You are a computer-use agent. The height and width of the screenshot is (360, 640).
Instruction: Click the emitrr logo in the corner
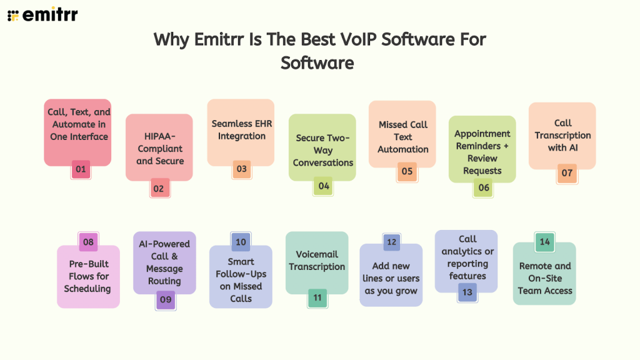(x=42, y=15)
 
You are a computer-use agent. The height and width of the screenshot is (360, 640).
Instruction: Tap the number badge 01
(x=81, y=169)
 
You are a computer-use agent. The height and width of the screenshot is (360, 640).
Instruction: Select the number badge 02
(x=160, y=188)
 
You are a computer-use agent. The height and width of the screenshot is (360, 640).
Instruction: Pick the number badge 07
(x=567, y=173)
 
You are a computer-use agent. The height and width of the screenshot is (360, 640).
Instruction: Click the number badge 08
(x=88, y=242)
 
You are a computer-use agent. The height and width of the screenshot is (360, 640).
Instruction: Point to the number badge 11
(x=317, y=297)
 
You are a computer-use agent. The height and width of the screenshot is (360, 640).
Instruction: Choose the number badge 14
(x=545, y=242)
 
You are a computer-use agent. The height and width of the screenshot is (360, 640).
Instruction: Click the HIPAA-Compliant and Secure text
(x=160, y=149)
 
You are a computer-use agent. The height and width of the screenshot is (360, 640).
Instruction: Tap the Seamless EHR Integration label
(x=241, y=130)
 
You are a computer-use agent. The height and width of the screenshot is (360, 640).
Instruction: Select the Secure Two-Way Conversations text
(x=323, y=150)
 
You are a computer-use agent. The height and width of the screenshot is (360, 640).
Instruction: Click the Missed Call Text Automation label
(x=403, y=137)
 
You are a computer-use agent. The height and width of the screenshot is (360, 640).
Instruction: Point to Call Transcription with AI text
(x=562, y=135)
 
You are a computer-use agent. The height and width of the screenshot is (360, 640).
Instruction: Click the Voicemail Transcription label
(x=317, y=260)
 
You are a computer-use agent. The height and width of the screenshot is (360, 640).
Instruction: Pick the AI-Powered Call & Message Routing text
(x=164, y=262)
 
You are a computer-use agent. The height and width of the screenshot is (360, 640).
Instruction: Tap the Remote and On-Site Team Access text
(x=545, y=278)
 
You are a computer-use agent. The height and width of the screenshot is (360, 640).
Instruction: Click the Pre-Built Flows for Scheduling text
(x=87, y=276)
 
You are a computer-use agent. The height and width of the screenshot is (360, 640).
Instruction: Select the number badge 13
(x=467, y=292)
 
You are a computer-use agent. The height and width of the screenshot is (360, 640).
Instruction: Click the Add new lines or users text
(x=391, y=278)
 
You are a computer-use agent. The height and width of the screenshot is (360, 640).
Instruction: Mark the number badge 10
(x=241, y=242)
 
